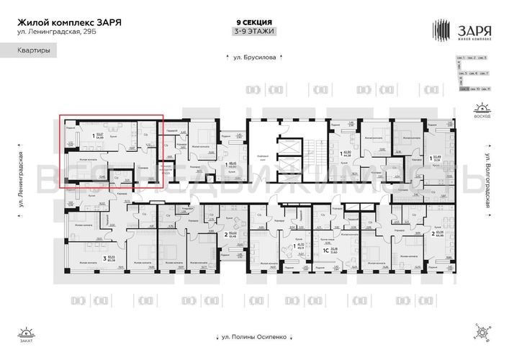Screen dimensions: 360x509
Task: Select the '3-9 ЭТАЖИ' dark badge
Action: [x=254, y=32]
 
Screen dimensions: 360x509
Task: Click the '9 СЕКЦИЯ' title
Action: [x=254, y=22]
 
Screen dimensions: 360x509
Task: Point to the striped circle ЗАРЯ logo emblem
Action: [x=441, y=30]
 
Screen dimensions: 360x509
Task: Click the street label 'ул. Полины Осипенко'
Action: [x=254, y=336]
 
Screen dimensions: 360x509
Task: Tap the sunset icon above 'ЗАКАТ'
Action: [x=26, y=330]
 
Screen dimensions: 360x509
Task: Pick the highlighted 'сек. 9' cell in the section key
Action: [x=466, y=89]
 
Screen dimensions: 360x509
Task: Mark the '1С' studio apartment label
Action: [x=325, y=251]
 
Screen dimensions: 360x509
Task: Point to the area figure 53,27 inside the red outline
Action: [x=101, y=135]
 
